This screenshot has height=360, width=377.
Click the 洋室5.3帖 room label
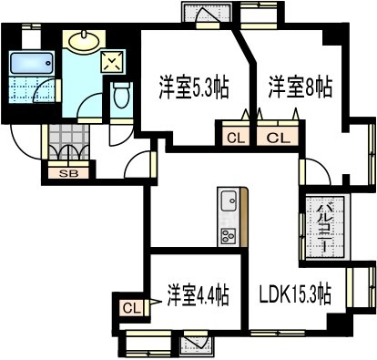click(x=192, y=88)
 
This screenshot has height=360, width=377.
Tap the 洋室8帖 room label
click(x=300, y=88)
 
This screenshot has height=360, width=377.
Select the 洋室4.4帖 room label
click(x=198, y=296)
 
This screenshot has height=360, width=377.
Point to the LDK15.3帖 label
click(x=295, y=296)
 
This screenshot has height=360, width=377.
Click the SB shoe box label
click(x=67, y=172)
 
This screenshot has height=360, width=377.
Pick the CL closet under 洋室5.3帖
click(x=235, y=139)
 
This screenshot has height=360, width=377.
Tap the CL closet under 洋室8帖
click(x=280, y=139)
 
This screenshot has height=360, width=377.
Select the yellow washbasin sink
click(x=85, y=42)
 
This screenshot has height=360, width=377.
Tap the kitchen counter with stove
click(x=229, y=218)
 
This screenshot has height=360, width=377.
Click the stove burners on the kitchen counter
click(x=228, y=234)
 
